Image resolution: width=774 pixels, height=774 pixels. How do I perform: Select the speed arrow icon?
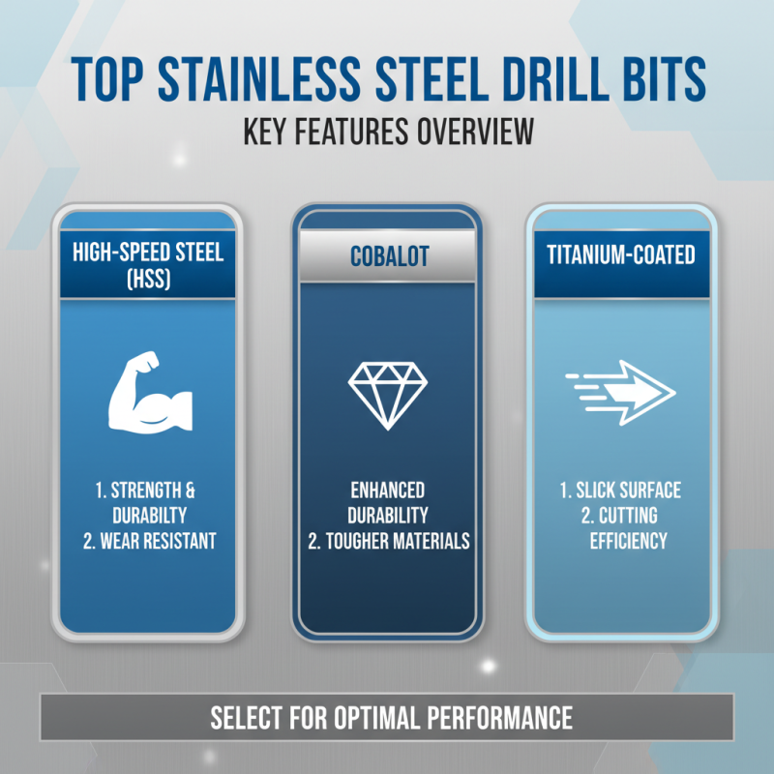point(620,393)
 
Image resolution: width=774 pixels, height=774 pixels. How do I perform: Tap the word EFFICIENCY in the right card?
point(628,540)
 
